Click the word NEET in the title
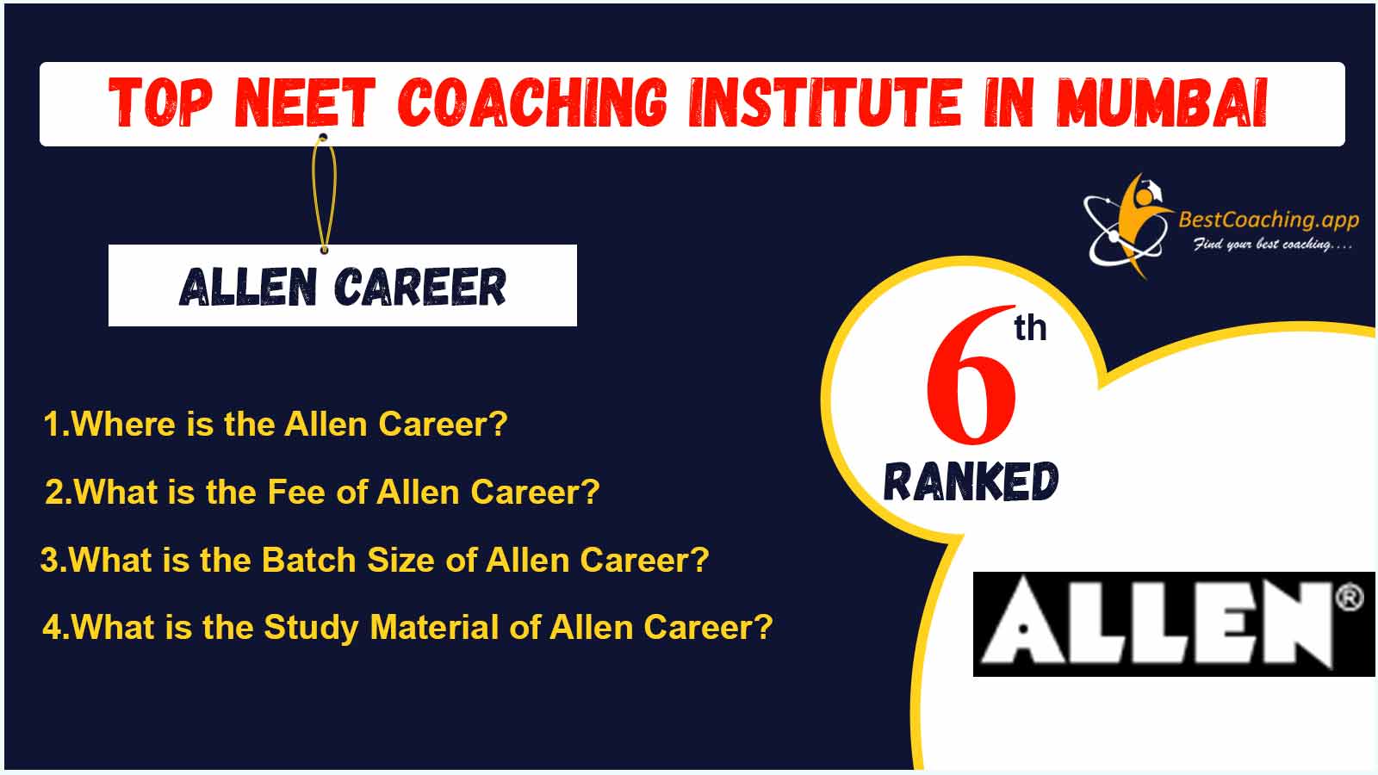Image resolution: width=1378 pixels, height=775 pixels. click(305, 102)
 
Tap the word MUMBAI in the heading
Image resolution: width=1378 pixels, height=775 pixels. click(1162, 102)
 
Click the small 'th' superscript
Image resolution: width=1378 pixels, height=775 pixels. click(1030, 327)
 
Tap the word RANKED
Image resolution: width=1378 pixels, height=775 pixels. click(971, 481)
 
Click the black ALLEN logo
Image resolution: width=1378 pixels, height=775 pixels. click(1174, 624)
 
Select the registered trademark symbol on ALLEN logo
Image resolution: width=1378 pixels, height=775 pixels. click(1349, 598)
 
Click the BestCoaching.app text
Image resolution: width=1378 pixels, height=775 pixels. click(1269, 220)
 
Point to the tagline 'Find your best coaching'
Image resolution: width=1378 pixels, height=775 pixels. click(1273, 245)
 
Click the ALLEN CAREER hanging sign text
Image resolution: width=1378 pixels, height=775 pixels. click(343, 287)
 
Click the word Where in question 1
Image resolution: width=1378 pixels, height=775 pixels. click(123, 424)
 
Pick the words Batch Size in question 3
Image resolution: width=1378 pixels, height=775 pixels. click(349, 560)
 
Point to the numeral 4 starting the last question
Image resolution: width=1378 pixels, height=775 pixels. click(52, 628)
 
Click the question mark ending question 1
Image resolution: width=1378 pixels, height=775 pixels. click(500, 423)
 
